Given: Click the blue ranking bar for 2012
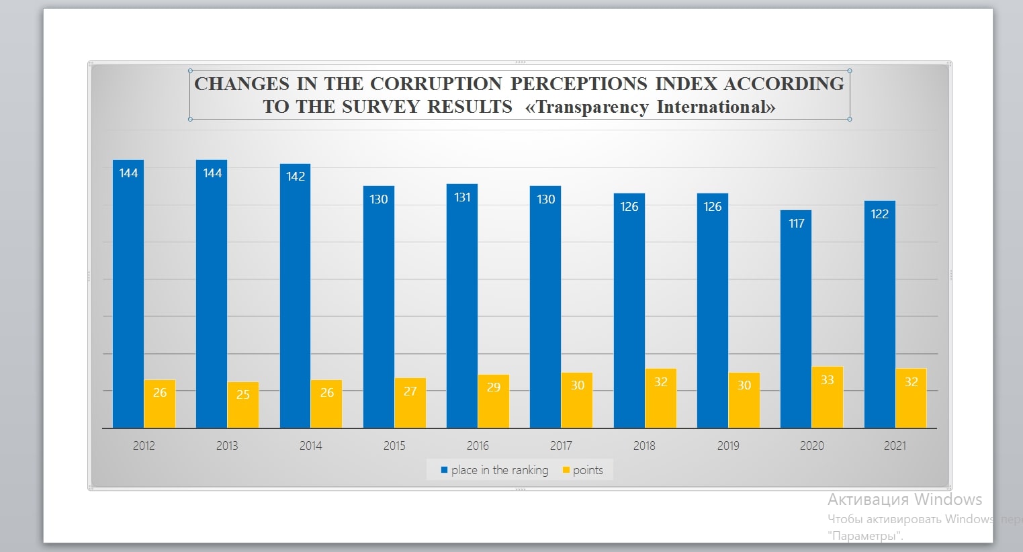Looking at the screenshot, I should coord(128,295).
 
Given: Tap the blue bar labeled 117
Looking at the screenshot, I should coord(796,322).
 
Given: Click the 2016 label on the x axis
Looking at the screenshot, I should coord(478,446).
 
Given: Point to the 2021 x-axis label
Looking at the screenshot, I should coord(895,446).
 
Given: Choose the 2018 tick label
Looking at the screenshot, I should coord(644,446).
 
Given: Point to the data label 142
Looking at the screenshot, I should coord(296,177).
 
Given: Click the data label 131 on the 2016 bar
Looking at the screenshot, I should coord(462,197).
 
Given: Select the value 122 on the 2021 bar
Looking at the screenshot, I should coord(879,214).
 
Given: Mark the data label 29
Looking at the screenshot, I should coord(494,387).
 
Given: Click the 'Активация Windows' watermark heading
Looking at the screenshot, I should coord(904,500).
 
